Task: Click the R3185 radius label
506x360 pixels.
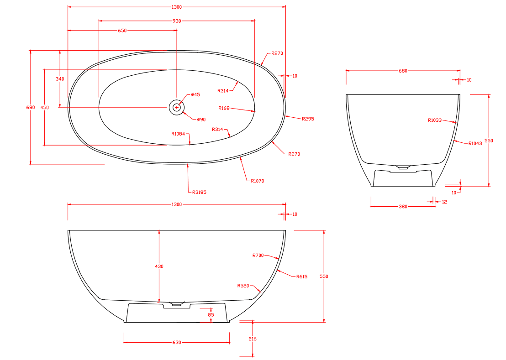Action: (x=199, y=192)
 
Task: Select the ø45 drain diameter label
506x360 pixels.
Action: (x=195, y=94)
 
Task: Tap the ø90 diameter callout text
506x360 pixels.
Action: (x=201, y=120)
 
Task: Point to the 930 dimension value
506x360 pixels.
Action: (x=177, y=21)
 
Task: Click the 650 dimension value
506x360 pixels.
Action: (x=122, y=31)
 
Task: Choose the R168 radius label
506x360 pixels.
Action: (x=224, y=108)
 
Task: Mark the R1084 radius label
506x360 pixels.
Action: (x=178, y=134)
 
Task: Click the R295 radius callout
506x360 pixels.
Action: (x=308, y=119)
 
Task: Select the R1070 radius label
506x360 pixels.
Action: (x=257, y=181)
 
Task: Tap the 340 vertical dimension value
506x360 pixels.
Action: (x=60, y=79)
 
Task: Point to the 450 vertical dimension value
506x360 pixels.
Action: (x=44, y=108)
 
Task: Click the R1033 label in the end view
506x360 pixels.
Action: (x=435, y=120)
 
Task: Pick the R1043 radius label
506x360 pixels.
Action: (x=475, y=143)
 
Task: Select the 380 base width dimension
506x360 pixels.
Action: (x=403, y=207)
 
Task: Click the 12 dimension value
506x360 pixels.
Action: (x=444, y=201)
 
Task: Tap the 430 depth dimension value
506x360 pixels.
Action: (x=159, y=266)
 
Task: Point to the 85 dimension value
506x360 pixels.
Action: (x=211, y=315)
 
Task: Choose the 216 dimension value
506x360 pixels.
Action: (x=253, y=339)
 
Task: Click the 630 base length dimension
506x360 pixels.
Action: (x=177, y=342)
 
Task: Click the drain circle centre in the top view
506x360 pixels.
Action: (x=177, y=107)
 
